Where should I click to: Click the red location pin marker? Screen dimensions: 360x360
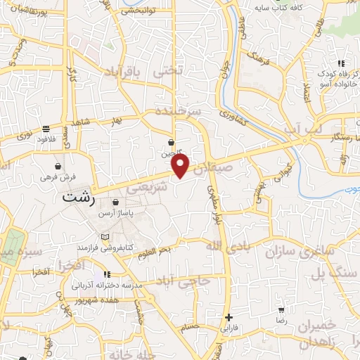click(x=181, y=166)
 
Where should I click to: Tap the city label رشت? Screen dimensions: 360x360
click(x=77, y=198)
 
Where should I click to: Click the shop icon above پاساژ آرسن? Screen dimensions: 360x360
click(x=115, y=202)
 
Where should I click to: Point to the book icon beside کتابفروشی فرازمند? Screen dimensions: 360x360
click(x=105, y=237)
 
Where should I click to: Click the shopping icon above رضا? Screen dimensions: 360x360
click(x=281, y=309)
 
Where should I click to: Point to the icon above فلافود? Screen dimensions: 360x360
click(x=46, y=129)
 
